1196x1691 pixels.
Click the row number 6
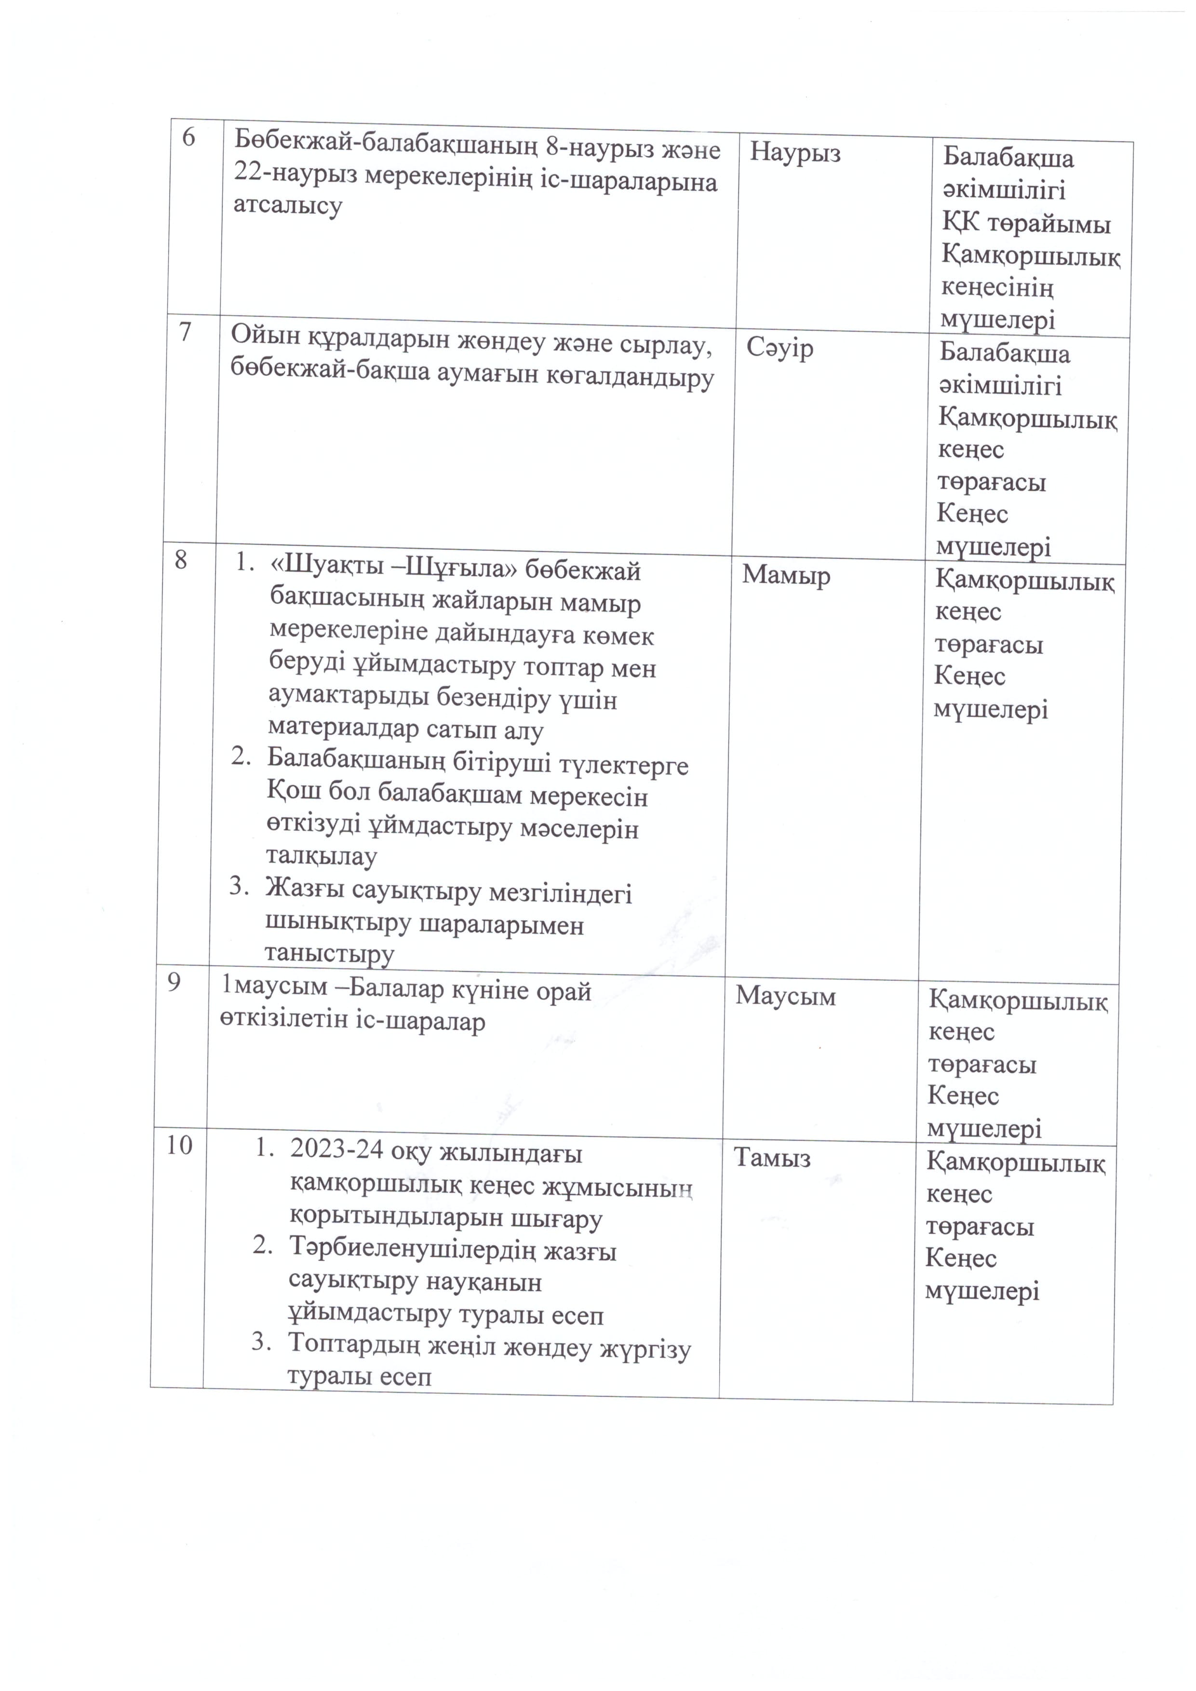pos(188,138)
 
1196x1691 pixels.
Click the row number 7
pos(184,332)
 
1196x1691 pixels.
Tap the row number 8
pos(180,561)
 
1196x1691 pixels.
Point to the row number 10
pos(179,1145)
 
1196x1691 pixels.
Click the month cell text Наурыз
pos(795,153)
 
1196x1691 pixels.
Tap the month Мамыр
pos(786,575)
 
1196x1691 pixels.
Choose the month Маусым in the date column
pos(785,997)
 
